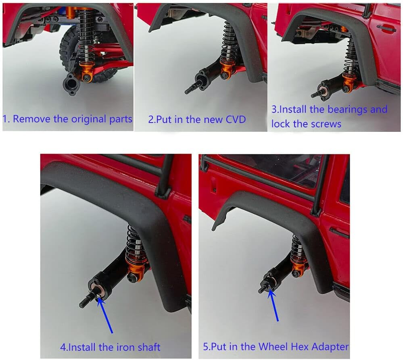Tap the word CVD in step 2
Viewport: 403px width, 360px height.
coord(236,119)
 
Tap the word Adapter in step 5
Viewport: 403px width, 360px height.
coord(330,347)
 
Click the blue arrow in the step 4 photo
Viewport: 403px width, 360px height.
coord(105,315)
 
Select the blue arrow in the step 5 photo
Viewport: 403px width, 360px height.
coord(274,305)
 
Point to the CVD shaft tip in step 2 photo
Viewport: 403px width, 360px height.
coord(186,92)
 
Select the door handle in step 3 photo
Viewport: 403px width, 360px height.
coord(386,28)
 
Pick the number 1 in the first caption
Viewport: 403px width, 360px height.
coord(5,119)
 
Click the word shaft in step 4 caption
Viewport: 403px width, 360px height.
coord(149,347)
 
